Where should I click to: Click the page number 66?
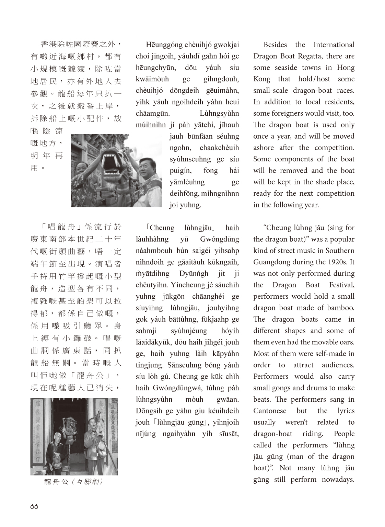click(x=34, y=506)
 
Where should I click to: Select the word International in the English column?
click(x=334, y=45)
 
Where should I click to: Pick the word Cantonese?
click(x=270, y=411)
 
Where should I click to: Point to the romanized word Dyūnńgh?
click(x=194, y=274)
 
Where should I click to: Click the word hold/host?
click(x=314, y=79)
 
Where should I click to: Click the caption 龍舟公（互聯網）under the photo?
click(x=74, y=482)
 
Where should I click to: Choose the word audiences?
click(x=338, y=365)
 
